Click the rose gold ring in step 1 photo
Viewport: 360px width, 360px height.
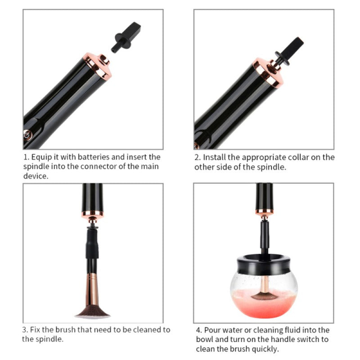[x=98, y=65]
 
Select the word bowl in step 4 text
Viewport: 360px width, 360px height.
[x=205, y=339]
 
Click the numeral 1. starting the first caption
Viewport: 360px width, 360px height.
[x=26, y=157]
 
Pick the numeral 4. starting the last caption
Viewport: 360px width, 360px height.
[x=199, y=330]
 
